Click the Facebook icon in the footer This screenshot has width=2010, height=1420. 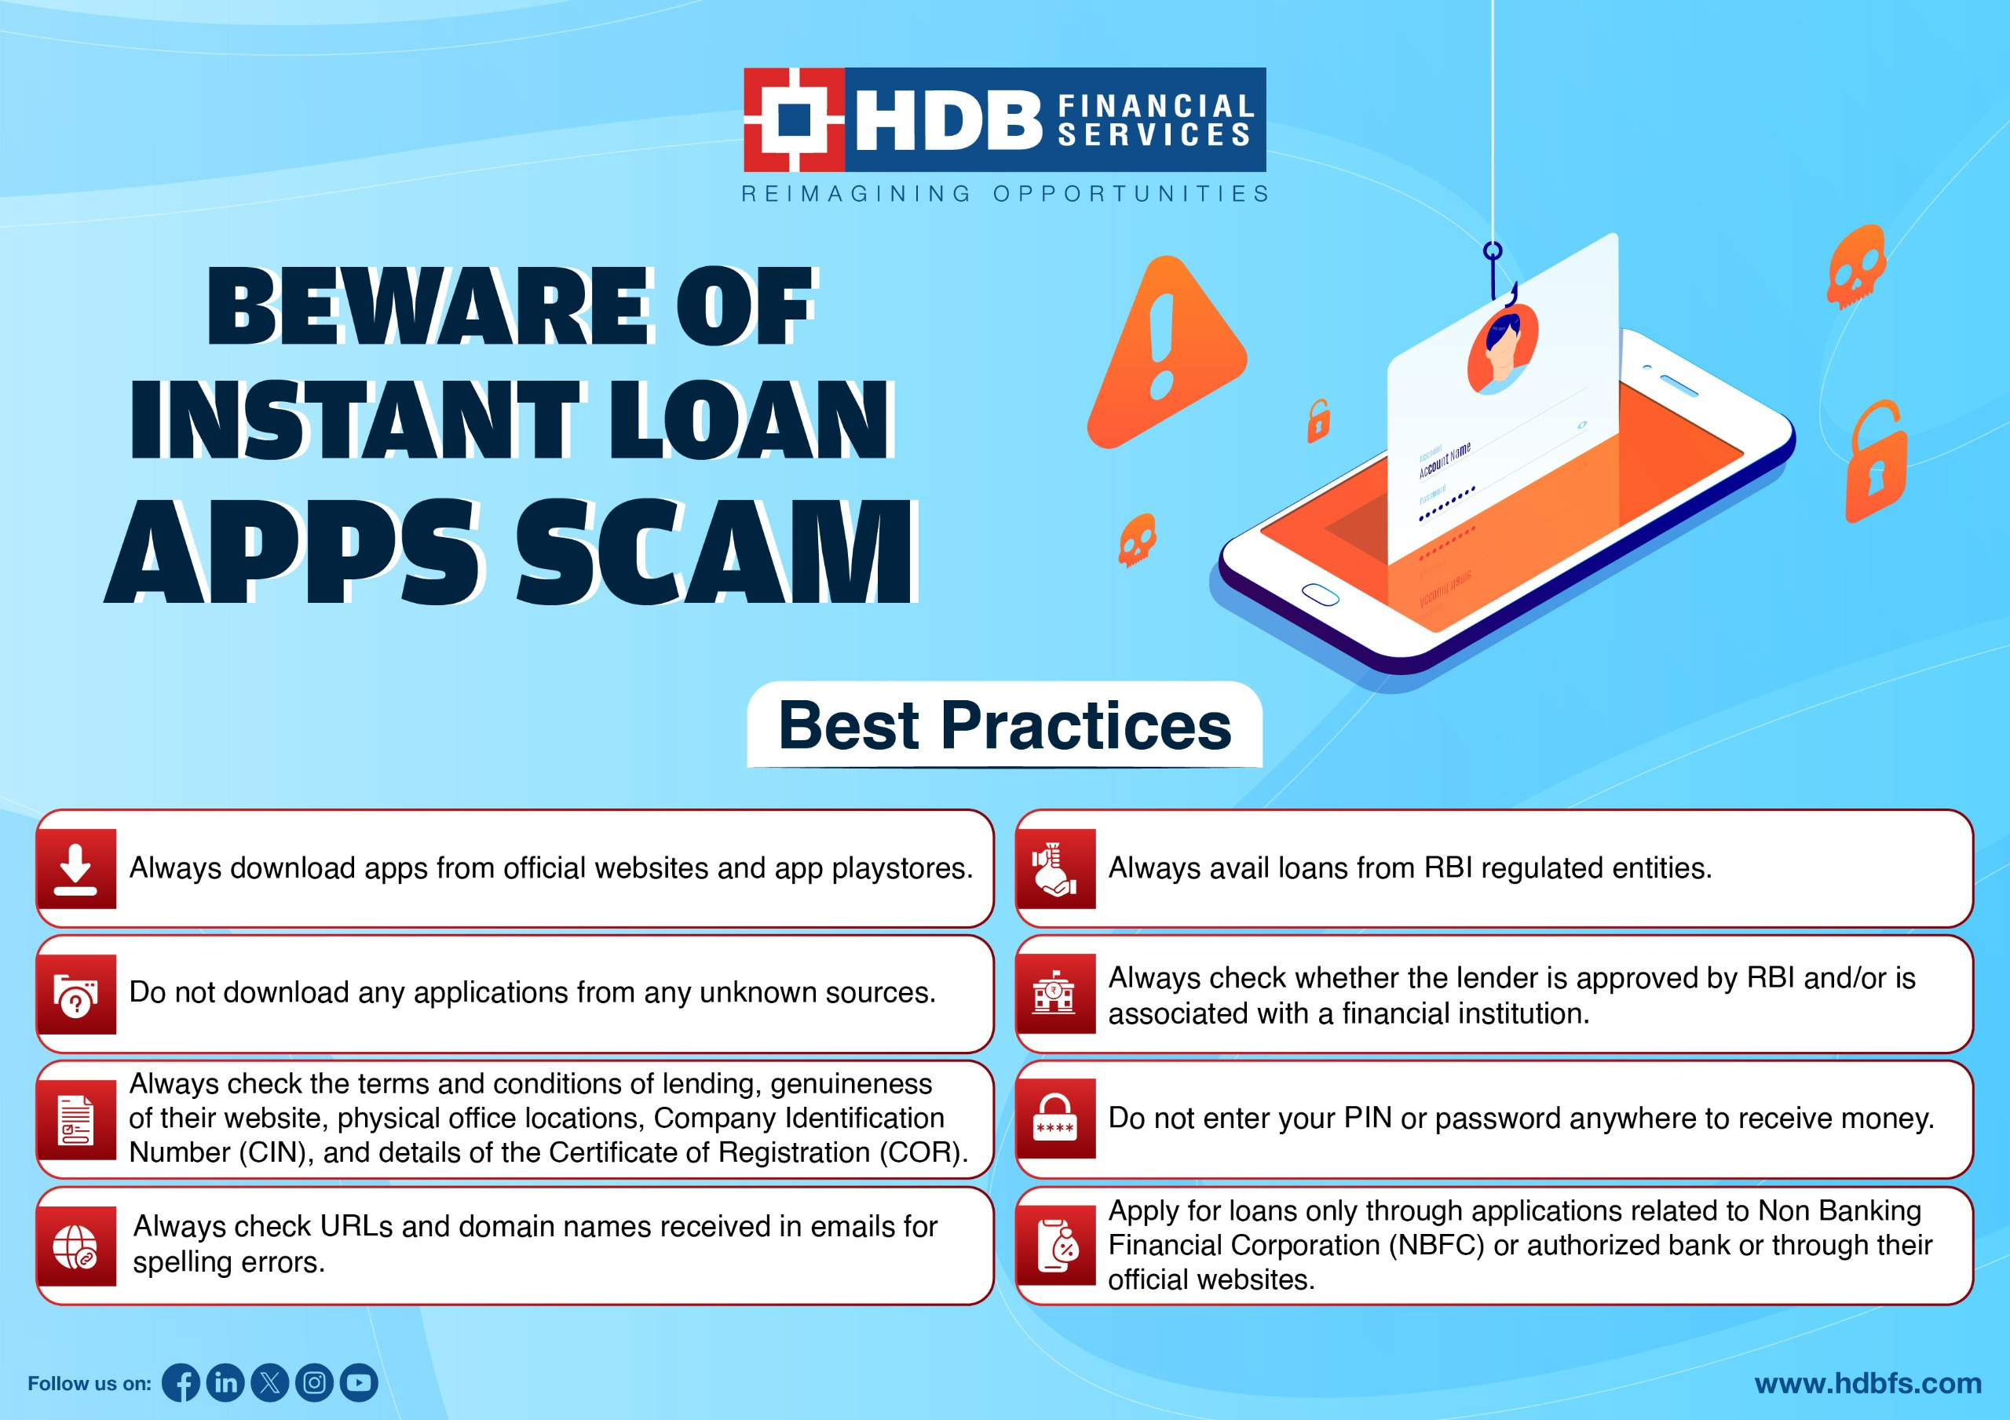tap(181, 1382)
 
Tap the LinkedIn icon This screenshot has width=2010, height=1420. tap(226, 1382)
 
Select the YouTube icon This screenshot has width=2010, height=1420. tap(359, 1382)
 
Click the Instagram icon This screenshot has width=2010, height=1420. tap(314, 1382)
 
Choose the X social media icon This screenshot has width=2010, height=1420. tap(269, 1382)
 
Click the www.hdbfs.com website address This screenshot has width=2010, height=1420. tap(1868, 1383)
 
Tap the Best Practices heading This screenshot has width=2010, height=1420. tap(1005, 726)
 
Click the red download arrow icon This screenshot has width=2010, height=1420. tap(76, 868)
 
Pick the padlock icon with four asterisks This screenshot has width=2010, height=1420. tap(1055, 1119)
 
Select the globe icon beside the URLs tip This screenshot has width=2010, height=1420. tap(76, 1246)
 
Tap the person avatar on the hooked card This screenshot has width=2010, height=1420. tap(1502, 349)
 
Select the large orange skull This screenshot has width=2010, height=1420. tap(1856, 266)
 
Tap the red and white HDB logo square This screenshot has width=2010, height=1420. tap(794, 120)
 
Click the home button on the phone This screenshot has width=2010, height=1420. tap(1320, 594)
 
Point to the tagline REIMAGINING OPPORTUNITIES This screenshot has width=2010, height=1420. tap(1005, 193)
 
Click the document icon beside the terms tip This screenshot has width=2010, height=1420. tap(76, 1119)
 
